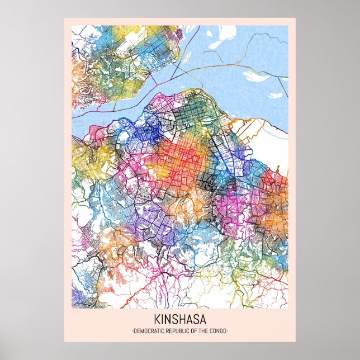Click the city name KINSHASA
(179, 320)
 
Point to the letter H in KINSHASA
(182, 320)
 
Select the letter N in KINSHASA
(167, 320)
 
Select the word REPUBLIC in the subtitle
(177, 331)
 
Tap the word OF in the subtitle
(192, 331)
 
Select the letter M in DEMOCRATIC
(141, 331)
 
